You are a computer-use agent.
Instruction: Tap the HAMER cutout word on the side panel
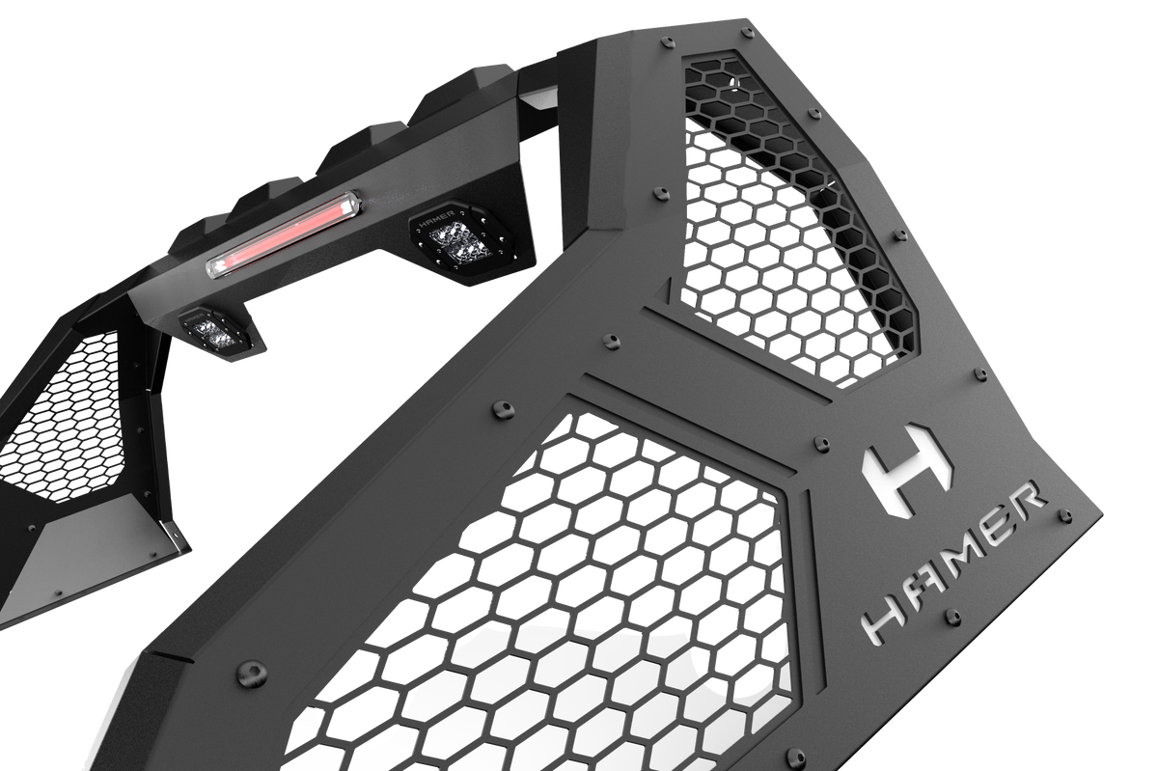953,564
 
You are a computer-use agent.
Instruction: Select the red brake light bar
285,234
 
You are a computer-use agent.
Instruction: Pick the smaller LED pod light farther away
215,330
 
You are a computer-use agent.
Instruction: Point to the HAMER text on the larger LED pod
438,218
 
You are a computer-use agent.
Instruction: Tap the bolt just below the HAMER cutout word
952,616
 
